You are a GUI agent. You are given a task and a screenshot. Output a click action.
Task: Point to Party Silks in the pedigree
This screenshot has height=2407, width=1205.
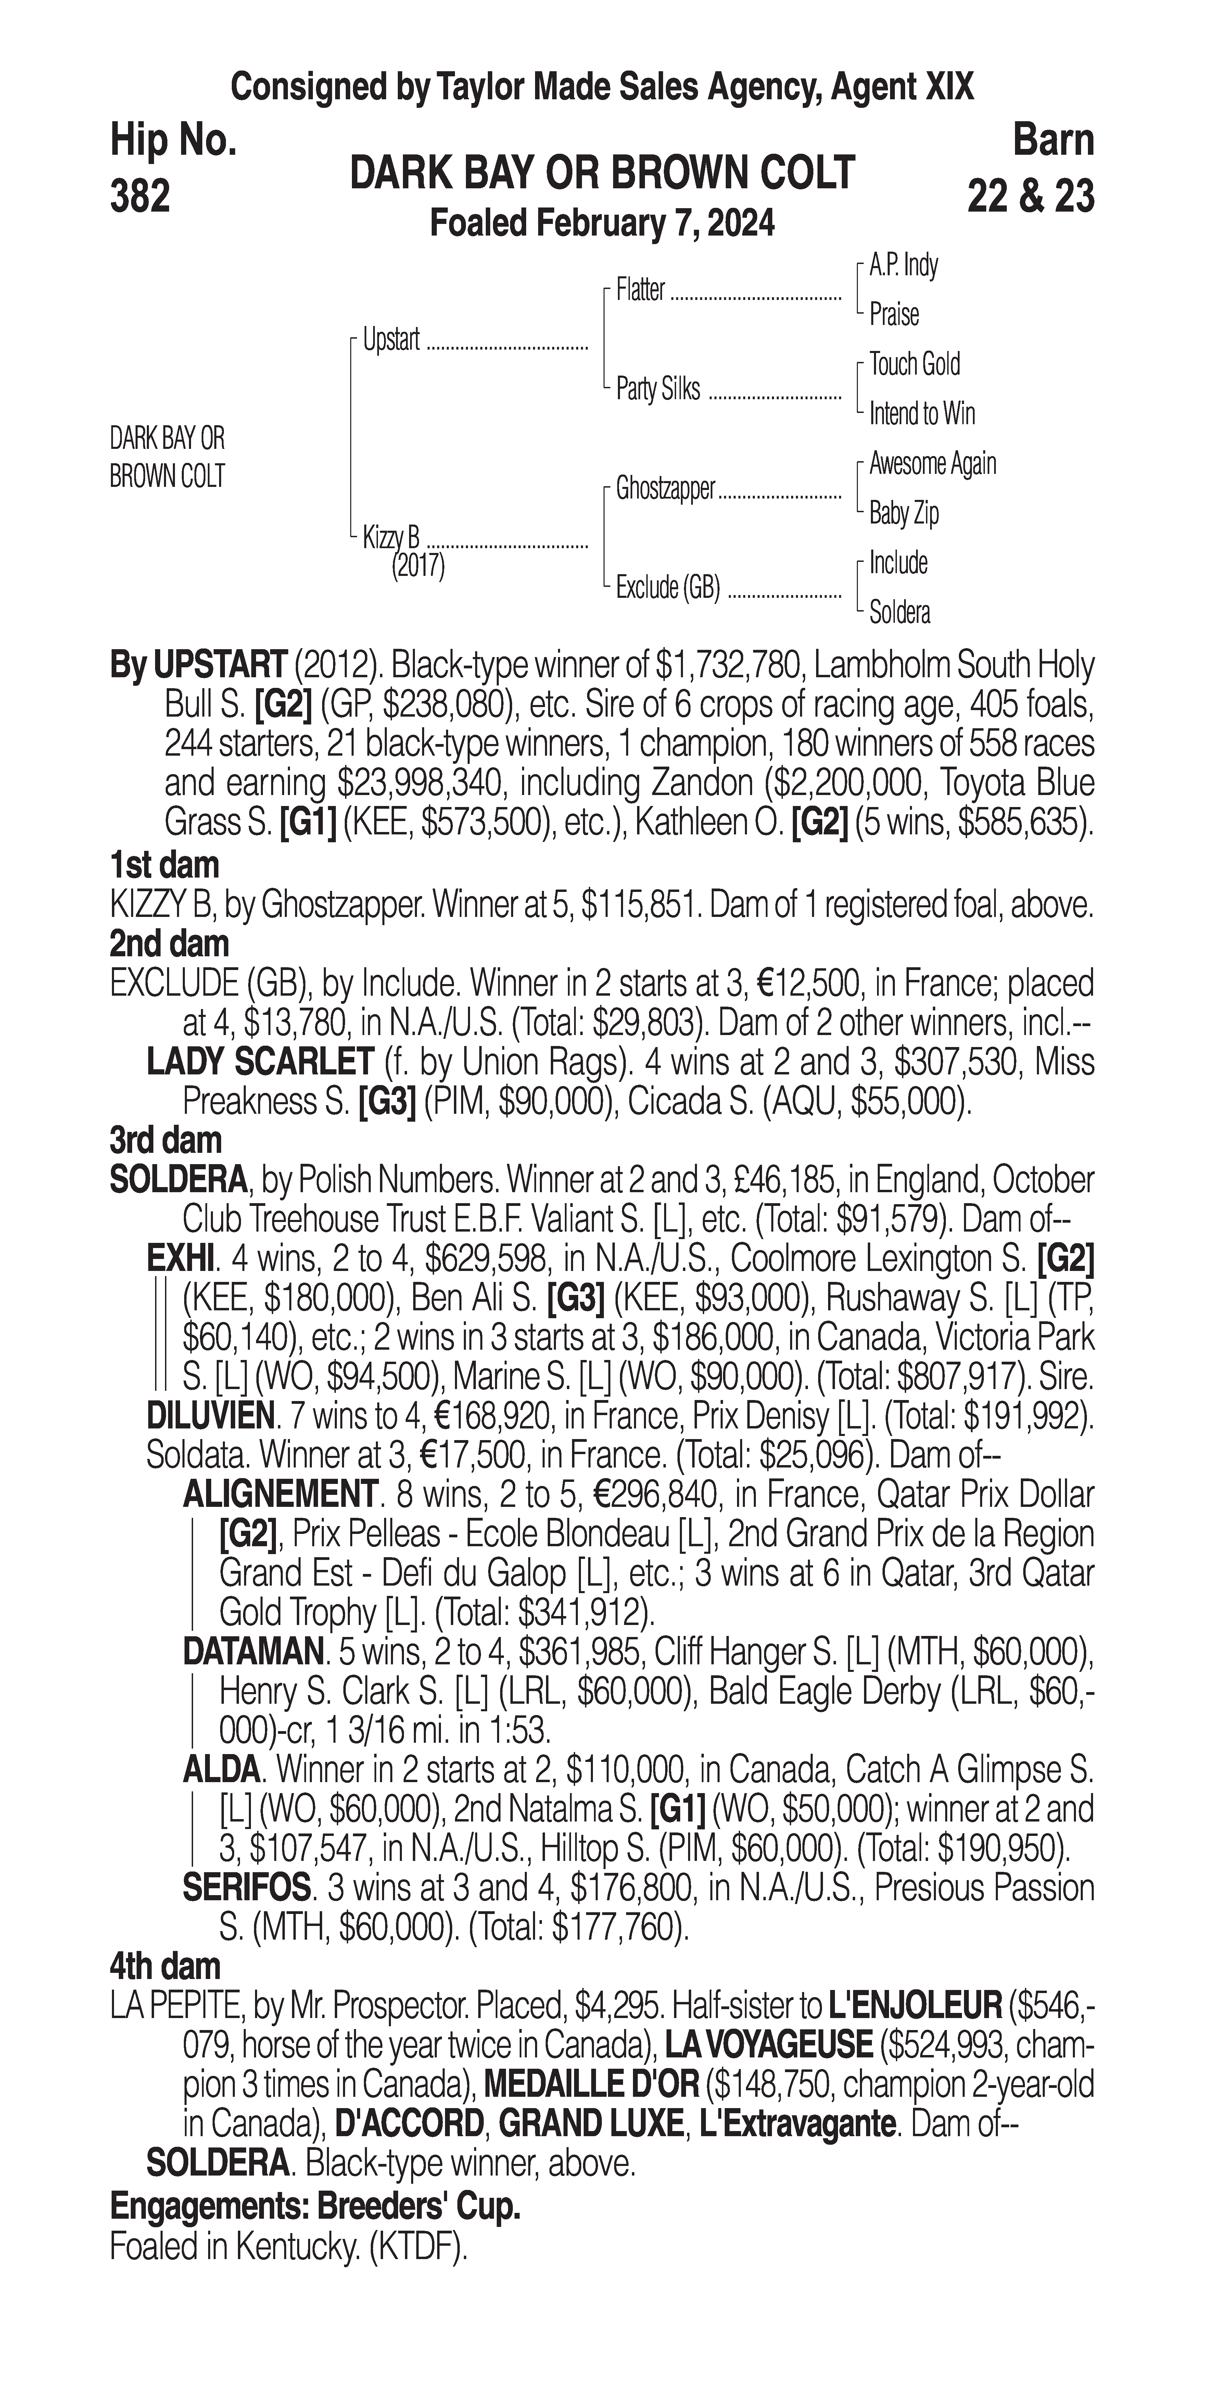(658, 389)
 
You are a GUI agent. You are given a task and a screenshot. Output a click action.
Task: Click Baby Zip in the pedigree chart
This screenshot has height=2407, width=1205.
(903, 513)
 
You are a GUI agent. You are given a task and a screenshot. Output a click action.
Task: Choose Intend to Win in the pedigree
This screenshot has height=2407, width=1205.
(922, 413)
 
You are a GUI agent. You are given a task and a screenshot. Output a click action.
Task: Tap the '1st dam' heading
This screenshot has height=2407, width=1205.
(164, 864)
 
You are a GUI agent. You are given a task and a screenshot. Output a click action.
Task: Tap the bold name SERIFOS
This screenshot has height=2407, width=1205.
(246, 1888)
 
